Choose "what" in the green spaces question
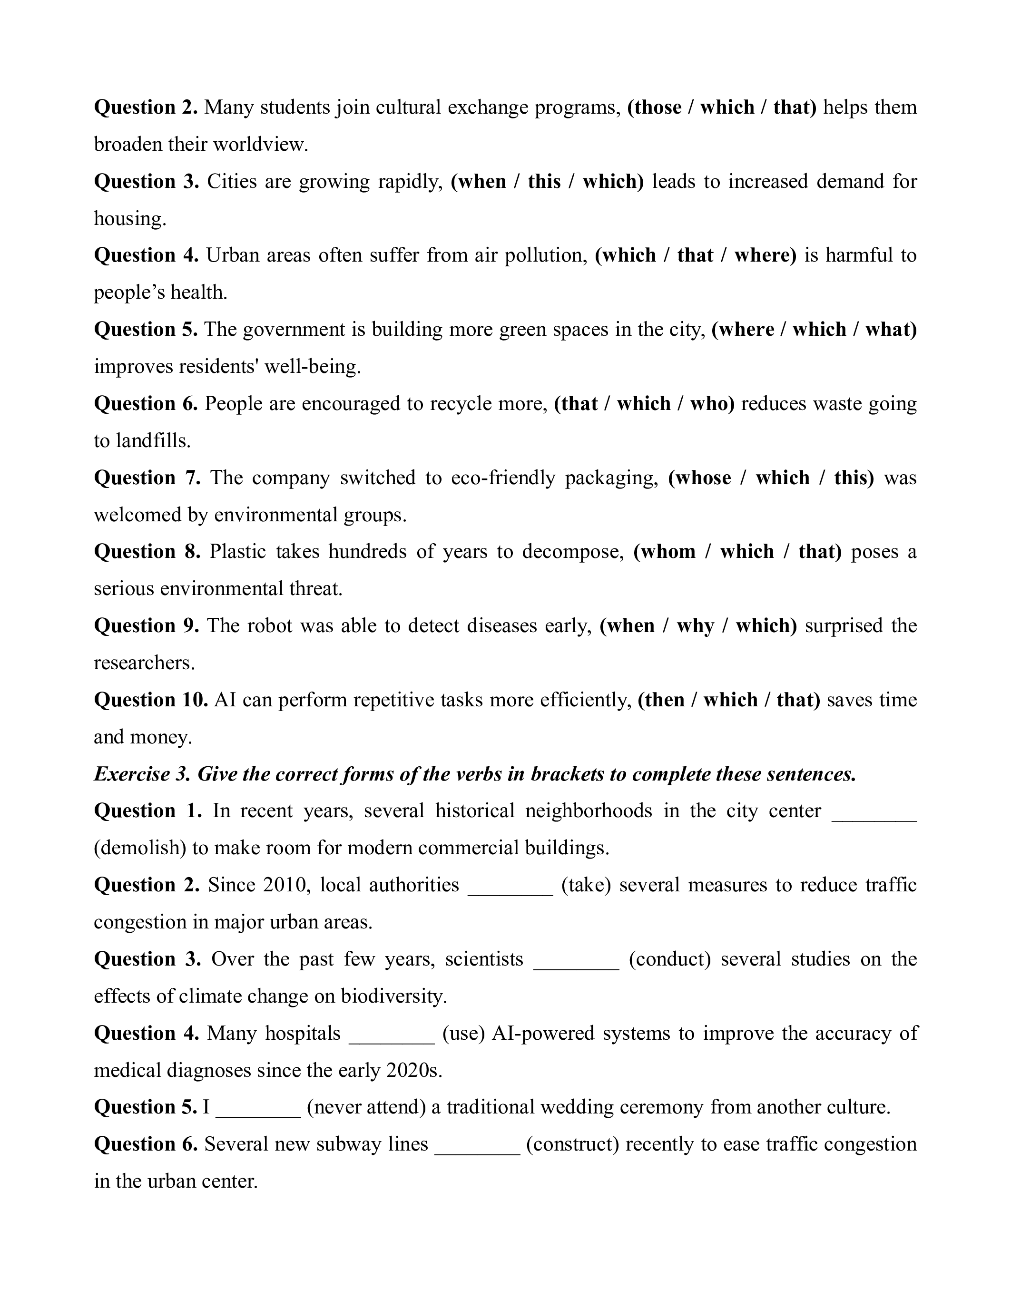890,330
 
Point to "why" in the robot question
696,626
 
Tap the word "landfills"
152,441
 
